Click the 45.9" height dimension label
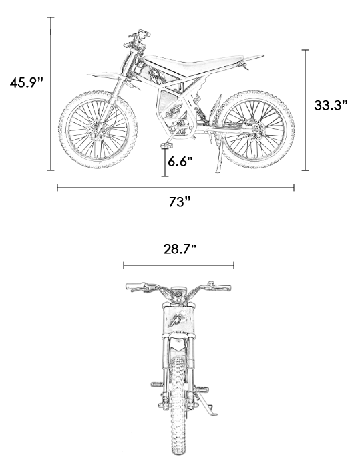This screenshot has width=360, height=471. [x=27, y=82]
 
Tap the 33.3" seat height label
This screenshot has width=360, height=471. [x=331, y=105]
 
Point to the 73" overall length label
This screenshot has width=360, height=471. [x=180, y=202]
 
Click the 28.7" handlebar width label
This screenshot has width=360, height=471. [x=180, y=249]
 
